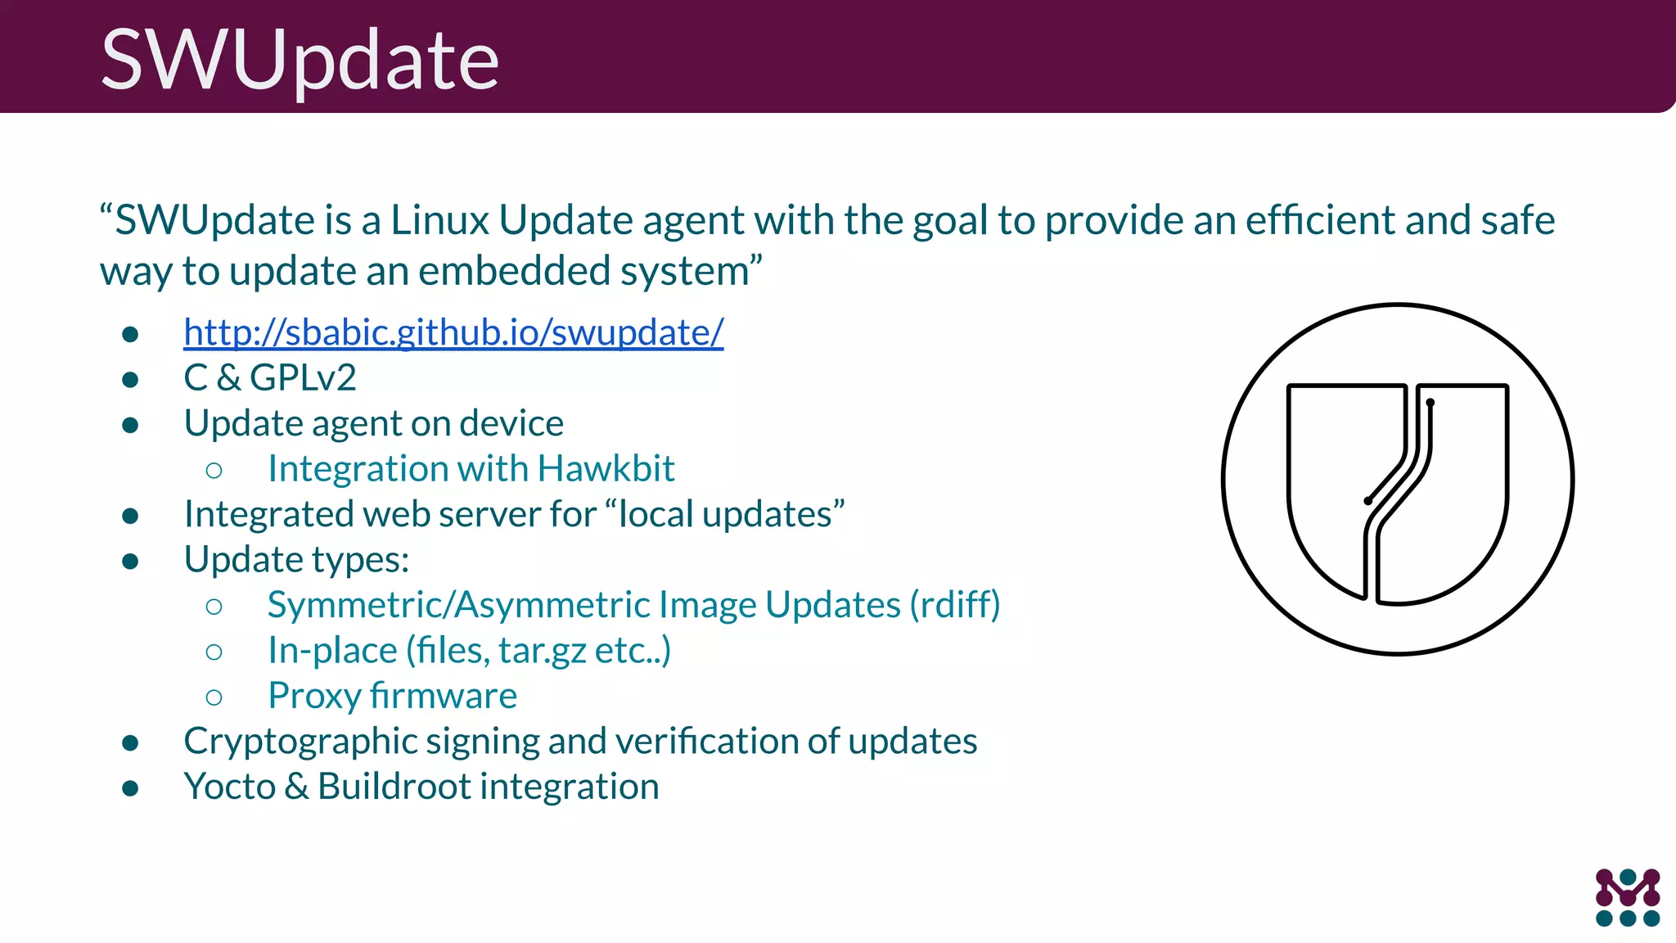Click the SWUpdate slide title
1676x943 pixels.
pyautogui.click(x=300, y=59)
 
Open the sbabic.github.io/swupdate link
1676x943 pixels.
pyautogui.click(x=453, y=332)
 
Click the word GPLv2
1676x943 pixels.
pyautogui.click(x=303, y=378)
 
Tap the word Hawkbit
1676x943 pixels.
pyautogui.click(x=606, y=469)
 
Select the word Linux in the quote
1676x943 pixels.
pyautogui.click(x=439, y=221)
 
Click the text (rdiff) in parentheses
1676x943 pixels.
pyautogui.click(x=954, y=605)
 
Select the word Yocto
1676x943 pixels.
pyautogui.click(x=230, y=787)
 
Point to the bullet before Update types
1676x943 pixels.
pyautogui.click(x=130, y=561)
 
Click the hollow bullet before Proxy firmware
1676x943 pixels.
pyautogui.click(x=214, y=697)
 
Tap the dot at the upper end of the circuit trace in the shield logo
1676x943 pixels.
pyautogui.click(x=1430, y=402)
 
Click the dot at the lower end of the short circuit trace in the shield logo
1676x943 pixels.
pyautogui.click(x=1368, y=500)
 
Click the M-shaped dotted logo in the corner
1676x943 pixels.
pyautogui.click(x=1627, y=897)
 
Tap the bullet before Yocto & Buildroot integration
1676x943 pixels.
pyautogui.click(x=130, y=788)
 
